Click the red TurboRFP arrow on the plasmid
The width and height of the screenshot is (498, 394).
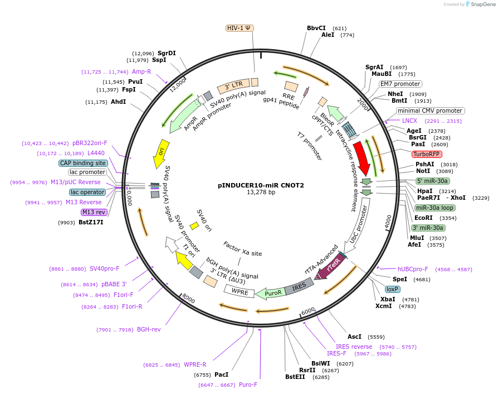tap(362, 158)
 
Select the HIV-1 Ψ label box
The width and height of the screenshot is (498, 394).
tap(240, 28)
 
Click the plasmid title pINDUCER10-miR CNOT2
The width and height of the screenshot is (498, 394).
tap(261, 185)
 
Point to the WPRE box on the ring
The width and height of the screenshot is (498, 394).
tap(240, 291)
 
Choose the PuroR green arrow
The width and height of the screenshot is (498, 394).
tap(271, 293)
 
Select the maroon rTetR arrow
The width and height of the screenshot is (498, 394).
tap(330, 267)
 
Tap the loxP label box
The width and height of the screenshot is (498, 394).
tap(392, 289)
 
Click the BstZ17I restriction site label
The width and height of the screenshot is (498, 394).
tap(91, 222)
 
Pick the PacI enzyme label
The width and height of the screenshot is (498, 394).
tap(221, 374)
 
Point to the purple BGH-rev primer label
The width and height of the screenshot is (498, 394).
tap(149, 329)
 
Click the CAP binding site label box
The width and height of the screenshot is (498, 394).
tap(83, 163)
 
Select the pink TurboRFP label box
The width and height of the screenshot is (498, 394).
tap(427, 154)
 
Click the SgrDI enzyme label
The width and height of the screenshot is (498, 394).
tap(167, 53)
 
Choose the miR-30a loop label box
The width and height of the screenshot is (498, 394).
tap(435, 208)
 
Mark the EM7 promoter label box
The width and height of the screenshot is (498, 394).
tap(400, 84)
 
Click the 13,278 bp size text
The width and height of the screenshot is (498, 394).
tap(261, 192)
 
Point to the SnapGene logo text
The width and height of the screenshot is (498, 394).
tap(483, 4)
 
